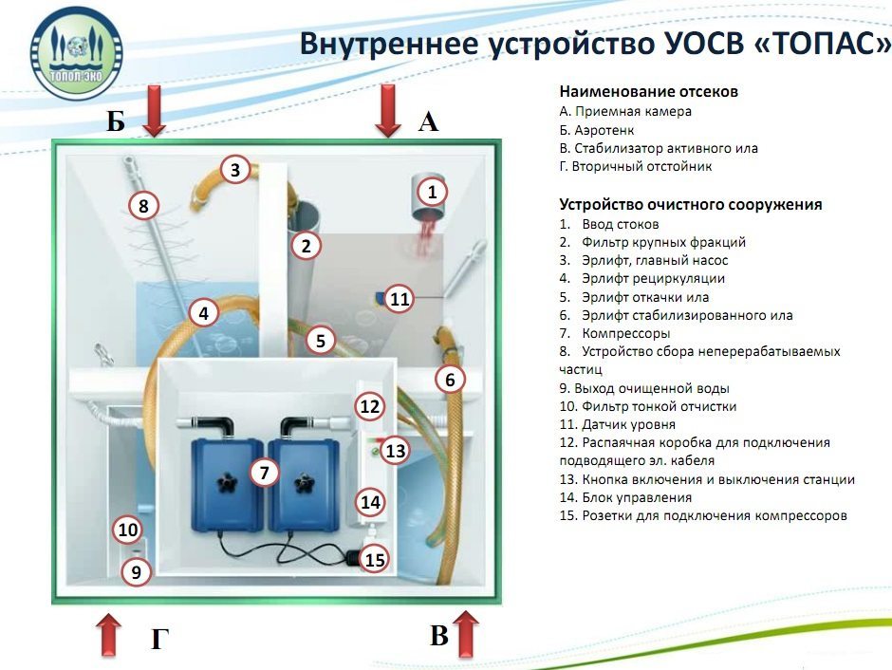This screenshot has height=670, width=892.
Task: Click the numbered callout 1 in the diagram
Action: click(432, 193)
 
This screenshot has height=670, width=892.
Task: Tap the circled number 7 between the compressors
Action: click(265, 472)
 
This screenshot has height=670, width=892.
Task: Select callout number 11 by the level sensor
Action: click(400, 299)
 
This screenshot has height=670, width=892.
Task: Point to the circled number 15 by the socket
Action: click(375, 560)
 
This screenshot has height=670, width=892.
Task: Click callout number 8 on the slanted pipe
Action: click(143, 205)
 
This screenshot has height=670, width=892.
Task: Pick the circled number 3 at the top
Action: click(235, 171)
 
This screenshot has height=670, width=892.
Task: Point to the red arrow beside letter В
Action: click(466, 633)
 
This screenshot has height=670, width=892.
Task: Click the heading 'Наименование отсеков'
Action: click(649, 92)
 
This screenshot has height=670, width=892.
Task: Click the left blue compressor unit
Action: click(228, 484)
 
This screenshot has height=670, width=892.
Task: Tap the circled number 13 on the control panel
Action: click(395, 452)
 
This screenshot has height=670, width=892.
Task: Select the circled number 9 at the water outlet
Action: click(137, 572)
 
